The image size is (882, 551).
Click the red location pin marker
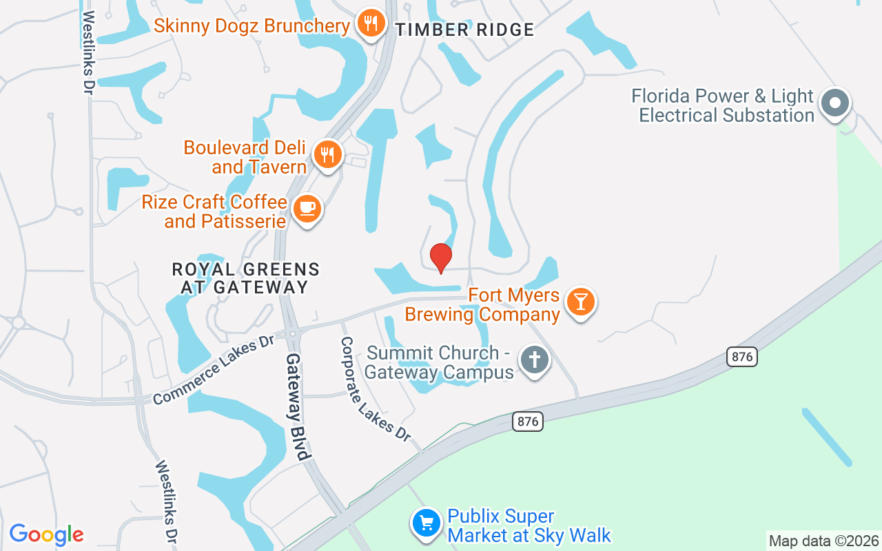point(441,258)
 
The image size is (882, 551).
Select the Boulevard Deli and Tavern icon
point(328,154)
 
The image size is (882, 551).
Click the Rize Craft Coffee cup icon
point(307,208)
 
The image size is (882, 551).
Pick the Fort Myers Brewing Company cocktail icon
point(580,301)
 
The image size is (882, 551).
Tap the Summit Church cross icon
point(534,360)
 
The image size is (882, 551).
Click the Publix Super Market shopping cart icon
point(426,523)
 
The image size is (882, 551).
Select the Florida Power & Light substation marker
point(835,104)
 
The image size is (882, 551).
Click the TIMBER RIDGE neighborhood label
point(465,30)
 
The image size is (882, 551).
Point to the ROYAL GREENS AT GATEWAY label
point(246,278)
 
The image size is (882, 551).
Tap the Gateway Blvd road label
point(299,406)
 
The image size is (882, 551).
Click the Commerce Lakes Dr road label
point(214,371)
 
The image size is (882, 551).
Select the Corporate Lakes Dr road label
point(376,389)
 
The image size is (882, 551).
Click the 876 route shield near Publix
point(528,422)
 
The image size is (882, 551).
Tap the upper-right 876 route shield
point(741,357)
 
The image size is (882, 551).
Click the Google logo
point(46,534)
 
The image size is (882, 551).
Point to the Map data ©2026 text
point(823,541)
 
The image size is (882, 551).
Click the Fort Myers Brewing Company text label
point(513,305)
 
